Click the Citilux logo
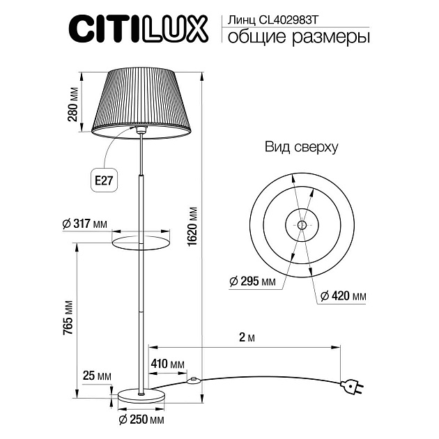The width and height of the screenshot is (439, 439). click(x=139, y=29)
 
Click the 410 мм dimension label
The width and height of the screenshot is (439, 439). click(x=167, y=364)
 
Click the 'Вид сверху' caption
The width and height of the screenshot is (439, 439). click(x=301, y=148)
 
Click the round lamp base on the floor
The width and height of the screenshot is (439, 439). click(x=141, y=395)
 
